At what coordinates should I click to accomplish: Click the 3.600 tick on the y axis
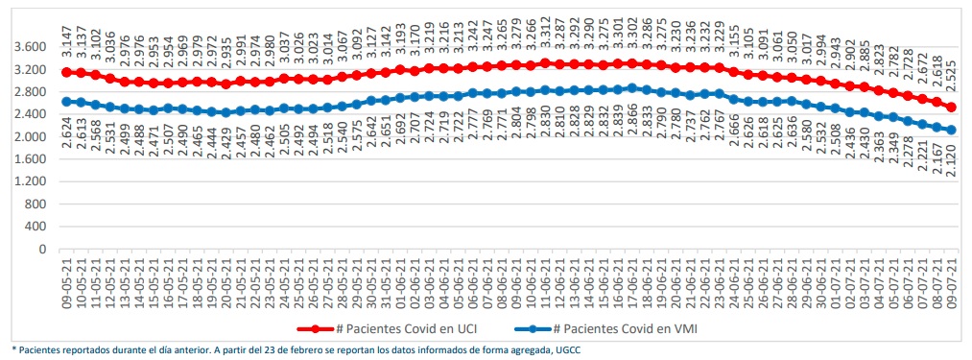(29, 47)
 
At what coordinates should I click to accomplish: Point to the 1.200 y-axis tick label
(29, 181)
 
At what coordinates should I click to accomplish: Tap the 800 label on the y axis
(36, 204)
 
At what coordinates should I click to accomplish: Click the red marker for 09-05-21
(66, 72)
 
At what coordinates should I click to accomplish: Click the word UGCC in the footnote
(564, 350)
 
